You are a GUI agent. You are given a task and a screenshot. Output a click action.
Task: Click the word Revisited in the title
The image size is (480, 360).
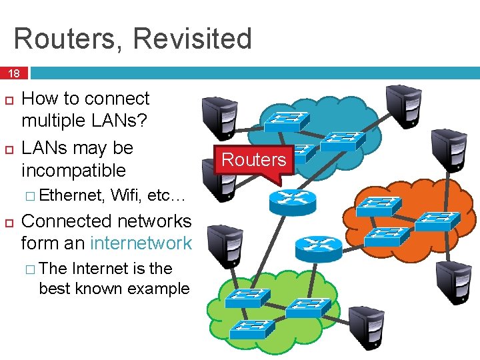pos(193,39)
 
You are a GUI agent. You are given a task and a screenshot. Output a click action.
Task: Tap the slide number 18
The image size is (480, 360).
pos(13,73)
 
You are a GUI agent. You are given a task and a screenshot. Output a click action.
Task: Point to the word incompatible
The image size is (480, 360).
pos(73,171)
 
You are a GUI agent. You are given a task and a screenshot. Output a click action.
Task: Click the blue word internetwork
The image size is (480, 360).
pos(141,243)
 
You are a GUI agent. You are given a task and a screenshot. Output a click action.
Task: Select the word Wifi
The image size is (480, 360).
pos(126,195)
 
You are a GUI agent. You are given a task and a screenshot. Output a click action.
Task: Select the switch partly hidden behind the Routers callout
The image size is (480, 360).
pos(303,152)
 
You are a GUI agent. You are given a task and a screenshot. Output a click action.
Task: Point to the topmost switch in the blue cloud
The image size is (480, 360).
pos(286,120)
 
